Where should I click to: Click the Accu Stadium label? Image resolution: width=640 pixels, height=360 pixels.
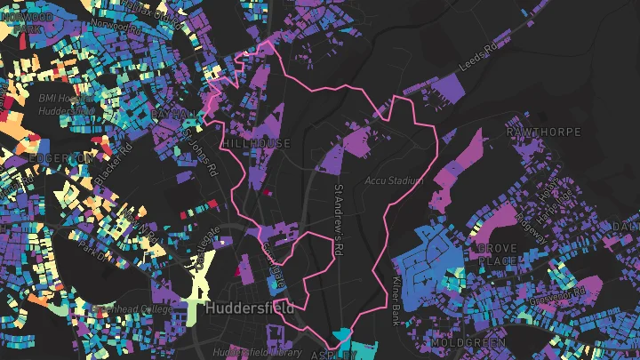[392, 180]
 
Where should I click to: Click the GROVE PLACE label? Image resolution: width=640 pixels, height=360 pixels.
[498, 254]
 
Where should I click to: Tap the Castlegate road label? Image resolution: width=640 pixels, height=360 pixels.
[202, 245]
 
